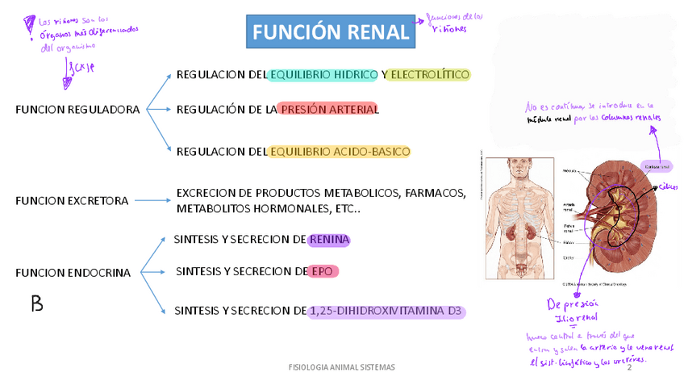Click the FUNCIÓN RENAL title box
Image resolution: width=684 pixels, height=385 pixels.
[x=331, y=32]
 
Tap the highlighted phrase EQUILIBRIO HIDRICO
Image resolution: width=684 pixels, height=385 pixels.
[x=323, y=75]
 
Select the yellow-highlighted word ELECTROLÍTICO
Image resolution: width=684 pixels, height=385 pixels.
[x=427, y=75]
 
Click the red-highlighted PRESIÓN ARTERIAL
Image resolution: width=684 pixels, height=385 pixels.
[x=328, y=109]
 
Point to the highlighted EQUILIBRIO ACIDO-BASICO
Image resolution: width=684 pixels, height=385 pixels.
[x=340, y=152]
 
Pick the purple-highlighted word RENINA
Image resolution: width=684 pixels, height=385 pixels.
[x=328, y=240]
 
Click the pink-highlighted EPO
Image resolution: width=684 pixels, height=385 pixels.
[x=323, y=271]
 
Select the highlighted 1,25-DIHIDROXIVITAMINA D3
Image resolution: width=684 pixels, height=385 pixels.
[x=387, y=311]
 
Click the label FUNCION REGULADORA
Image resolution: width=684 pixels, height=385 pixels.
[x=77, y=110]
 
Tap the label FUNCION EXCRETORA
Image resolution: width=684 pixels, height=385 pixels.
[x=72, y=201]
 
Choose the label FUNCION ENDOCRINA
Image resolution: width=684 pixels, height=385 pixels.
[x=73, y=273]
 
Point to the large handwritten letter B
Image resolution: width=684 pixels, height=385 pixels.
[x=36, y=304]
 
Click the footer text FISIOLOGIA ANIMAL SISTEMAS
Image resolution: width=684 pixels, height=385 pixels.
[x=342, y=367]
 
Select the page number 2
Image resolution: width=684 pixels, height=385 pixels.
[x=628, y=368]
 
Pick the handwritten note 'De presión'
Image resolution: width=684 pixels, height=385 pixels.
[x=573, y=304]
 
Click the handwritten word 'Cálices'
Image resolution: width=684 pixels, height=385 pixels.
[x=668, y=187]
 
